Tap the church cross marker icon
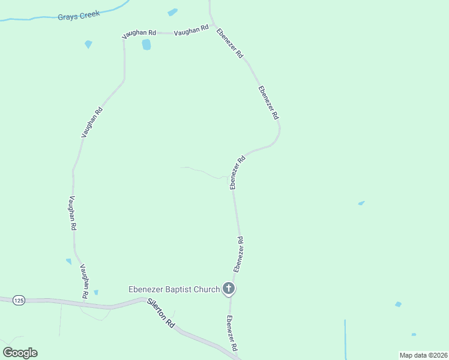point(228,289)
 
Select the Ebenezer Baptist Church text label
point(174,289)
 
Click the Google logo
point(20,352)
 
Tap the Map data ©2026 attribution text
point(424,355)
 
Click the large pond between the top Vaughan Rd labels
point(146,44)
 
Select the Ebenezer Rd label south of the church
point(232,334)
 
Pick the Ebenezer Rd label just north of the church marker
point(238,254)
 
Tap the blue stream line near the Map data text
point(345,336)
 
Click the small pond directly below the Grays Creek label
point(89,44)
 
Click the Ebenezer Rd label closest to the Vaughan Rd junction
point(230,43)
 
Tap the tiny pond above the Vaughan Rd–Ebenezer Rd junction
point(173,12)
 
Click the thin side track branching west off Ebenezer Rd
point(204,173)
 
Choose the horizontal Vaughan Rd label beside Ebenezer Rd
point(191,30)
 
